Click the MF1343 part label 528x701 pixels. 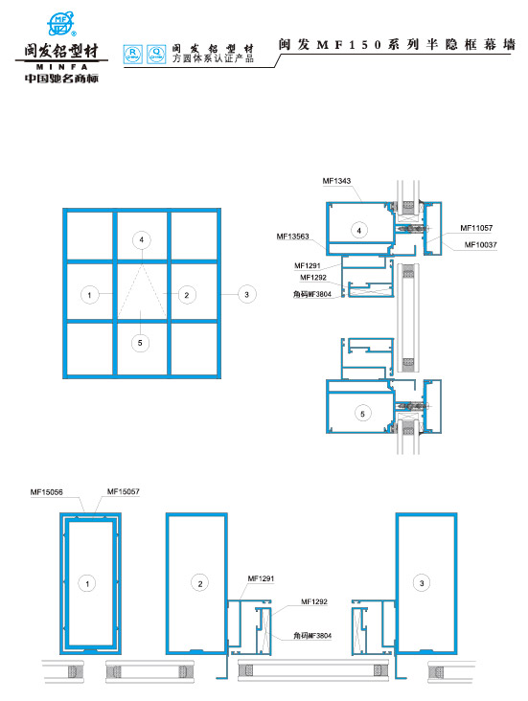point(337,180)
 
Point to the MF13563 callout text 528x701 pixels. point(292,237)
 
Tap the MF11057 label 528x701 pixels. point(476,228)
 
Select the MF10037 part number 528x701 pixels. point(481,245)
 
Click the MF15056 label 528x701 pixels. point(46,492)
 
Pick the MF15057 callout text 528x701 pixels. point(124,492)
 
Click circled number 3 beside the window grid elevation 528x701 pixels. point(247,294)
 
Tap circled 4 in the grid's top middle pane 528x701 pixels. point(141,237)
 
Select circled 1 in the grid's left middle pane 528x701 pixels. point(87,294)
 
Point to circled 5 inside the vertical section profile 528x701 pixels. point(361,414)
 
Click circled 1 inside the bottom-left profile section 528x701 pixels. point(87,582)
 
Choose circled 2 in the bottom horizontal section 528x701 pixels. point(199,582)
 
